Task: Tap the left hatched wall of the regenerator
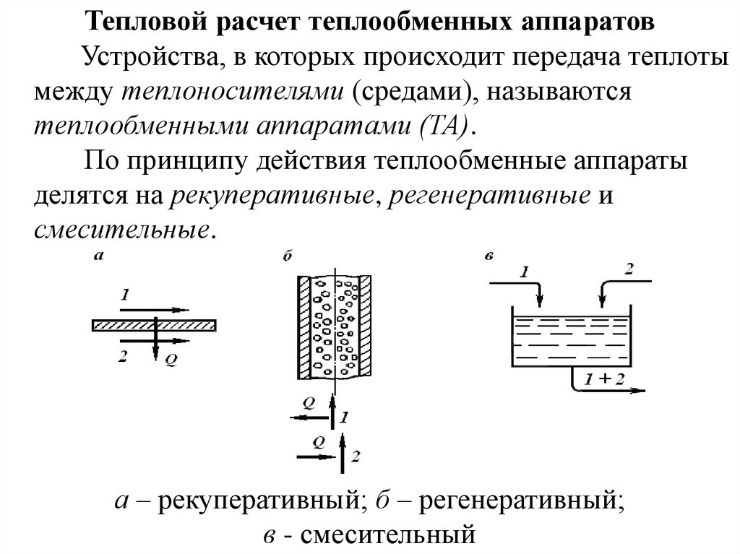(x=304, y=329)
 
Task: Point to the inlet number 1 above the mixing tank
(x=525, y=272)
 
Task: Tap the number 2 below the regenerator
(x=355, y=456)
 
